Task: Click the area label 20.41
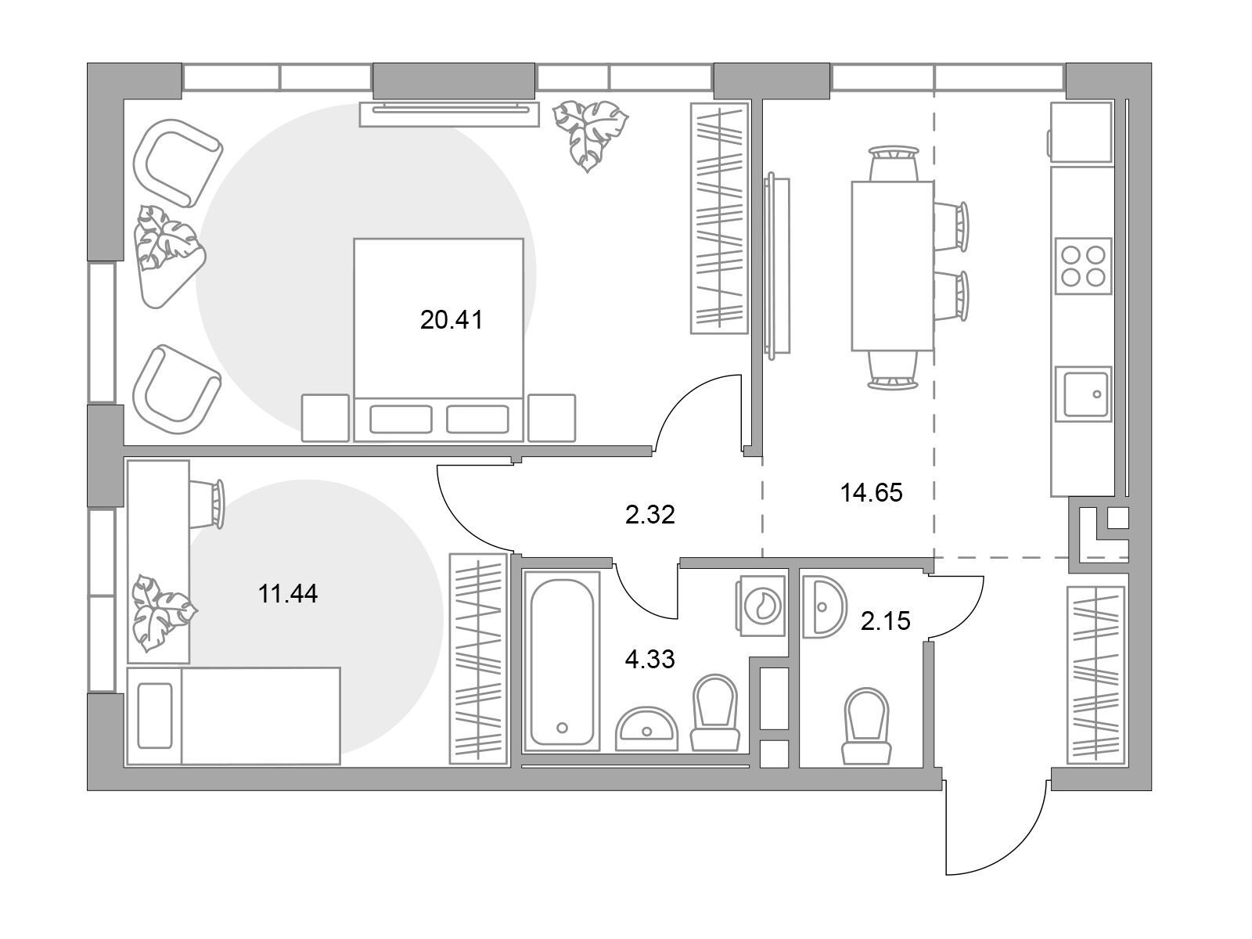coord(452,320)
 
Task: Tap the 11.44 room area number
coord(288,594)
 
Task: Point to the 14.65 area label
coord(871,493)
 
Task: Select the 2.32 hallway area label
coord(649,515)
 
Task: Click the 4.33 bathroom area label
coord(649,659)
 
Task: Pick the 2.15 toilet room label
coord(885,621)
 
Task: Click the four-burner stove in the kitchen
coord(1083,266)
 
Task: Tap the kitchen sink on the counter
coord(1083,394)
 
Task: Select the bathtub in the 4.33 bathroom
coord(562,661)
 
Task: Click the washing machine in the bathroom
coord(762,605)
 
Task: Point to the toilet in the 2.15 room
coord(866,726)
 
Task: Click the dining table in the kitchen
coord(892,266)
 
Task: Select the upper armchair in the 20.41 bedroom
coord(178,163)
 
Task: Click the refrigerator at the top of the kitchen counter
coord(1081,132)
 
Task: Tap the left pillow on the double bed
coord(401,419)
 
